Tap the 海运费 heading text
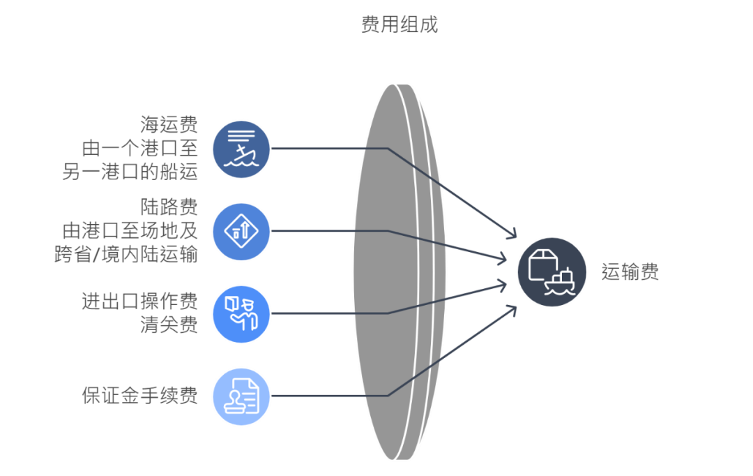pyautogui.click(x=169, y=126)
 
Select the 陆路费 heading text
pyautogui.click(x=169, y=207)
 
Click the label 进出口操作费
pyautogui.click(x=139, y=302)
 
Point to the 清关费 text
pyautogui.click(x=169, y=325)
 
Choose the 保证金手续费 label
pyautogui.click(x=139, y=396)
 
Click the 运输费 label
pyautogui.click(x=630, y=272)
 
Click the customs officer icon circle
pyautogui.click(x=241, y=313)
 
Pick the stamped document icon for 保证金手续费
pyautogui.click(x=241, y=396)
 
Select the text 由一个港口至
pyautogui.click(x=139, y=149)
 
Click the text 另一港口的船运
pyautogui.click(x=130, y=172)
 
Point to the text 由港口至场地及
pyautogui.click(x=130, y=230)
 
